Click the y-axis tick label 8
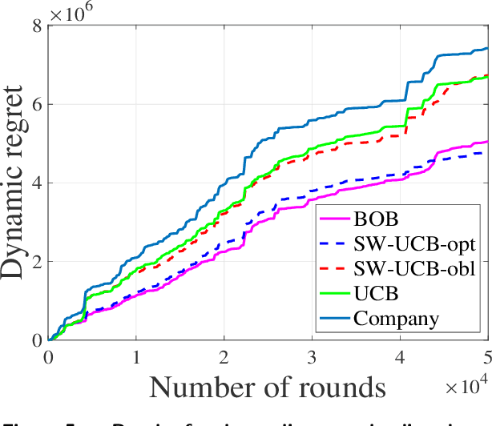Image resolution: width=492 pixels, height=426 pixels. pos(35,26)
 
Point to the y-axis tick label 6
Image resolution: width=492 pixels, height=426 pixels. pos(35,104)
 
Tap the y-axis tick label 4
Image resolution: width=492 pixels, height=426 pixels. pos(35,183)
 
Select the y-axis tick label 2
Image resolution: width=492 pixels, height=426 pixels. pos(35,261)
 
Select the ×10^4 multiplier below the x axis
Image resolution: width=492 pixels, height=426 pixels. pos(466,388)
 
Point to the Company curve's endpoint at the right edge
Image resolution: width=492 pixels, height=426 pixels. pos(486,48)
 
